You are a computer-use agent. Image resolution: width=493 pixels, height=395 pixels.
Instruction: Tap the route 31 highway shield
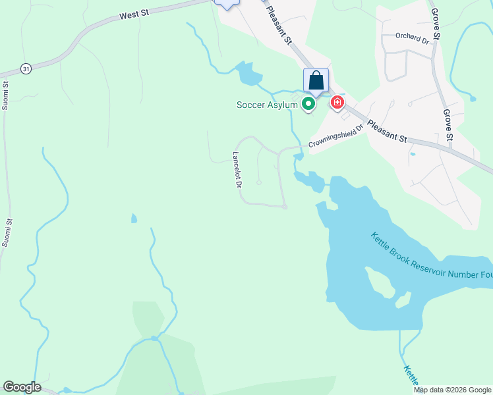(26, 68)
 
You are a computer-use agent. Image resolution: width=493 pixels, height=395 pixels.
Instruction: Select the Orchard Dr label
(412, 37)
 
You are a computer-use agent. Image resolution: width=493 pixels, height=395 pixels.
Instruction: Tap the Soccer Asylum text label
(267, 105)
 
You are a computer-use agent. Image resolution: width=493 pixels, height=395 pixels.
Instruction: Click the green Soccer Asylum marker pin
(308, 104)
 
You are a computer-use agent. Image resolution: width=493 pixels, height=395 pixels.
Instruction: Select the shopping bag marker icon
(316, 81)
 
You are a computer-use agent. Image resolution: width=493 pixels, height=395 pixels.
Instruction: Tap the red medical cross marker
(337, 103)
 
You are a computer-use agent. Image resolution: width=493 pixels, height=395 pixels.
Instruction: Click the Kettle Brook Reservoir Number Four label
(431, 261)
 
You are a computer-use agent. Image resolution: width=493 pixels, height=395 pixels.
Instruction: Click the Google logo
(22, 387)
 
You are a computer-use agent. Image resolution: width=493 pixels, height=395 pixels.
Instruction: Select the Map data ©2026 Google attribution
(453, 390)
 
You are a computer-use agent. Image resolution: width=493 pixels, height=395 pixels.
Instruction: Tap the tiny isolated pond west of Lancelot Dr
(134, 219)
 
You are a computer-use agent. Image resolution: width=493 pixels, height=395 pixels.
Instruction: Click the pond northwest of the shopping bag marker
(247, 73)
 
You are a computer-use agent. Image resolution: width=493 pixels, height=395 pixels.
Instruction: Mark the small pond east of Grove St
(473, 99)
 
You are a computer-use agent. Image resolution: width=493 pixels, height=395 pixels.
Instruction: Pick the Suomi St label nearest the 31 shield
(6, 94)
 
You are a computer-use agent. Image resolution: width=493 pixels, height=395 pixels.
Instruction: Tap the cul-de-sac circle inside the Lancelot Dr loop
(259, 182)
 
